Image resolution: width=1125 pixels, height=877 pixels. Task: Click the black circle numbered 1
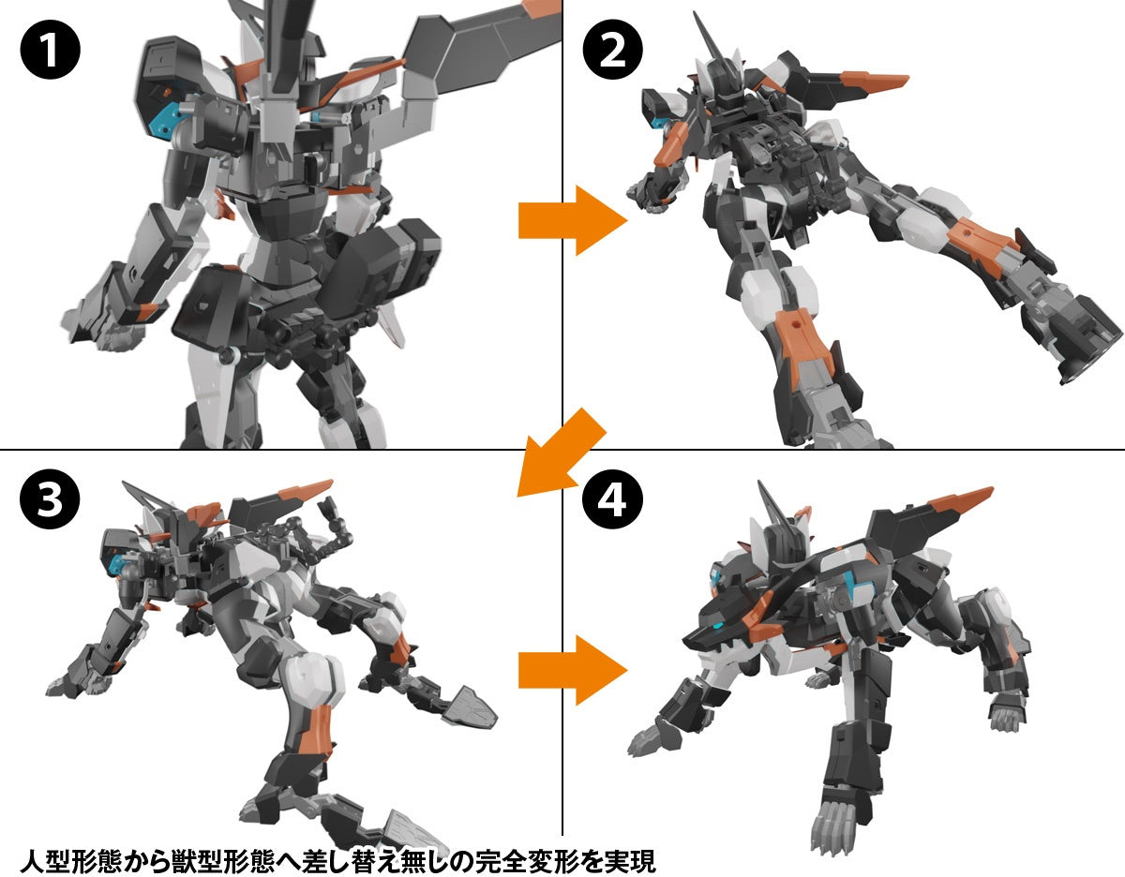coord(50,52)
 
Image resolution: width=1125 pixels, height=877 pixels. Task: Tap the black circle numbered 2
coord(611,52)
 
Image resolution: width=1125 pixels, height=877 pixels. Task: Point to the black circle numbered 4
coord(611,501)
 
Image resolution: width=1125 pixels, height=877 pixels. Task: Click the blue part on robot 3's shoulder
coord(118,562)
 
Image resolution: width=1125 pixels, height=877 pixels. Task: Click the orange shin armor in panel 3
coord(317,731)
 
